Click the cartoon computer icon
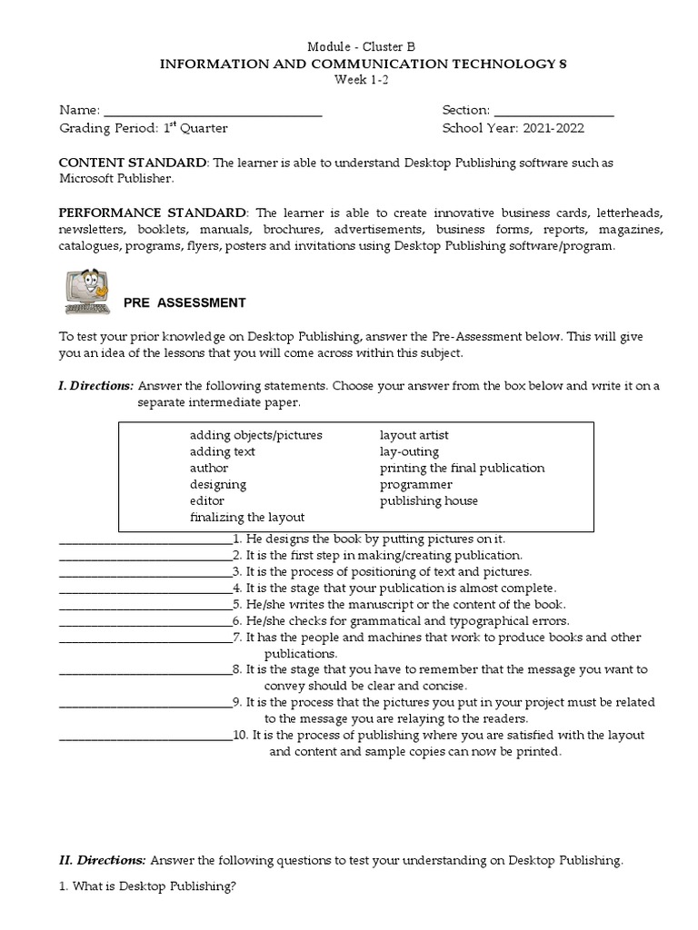(x=88, y=292)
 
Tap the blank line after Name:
(x=213, y=110)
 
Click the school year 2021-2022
(x=553, y=128)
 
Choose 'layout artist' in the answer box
(x=414, y=435)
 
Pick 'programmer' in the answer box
(x=415, y=484)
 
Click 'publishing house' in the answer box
(x=428, y=500)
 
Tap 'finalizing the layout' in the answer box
(x=247, y=517)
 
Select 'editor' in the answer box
(x=206, y=500)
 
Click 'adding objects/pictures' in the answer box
(x=255, y=435)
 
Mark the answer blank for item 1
(x=145, y=540)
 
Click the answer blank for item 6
(x=145, y=622)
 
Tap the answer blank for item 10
(x=145, y=737)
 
